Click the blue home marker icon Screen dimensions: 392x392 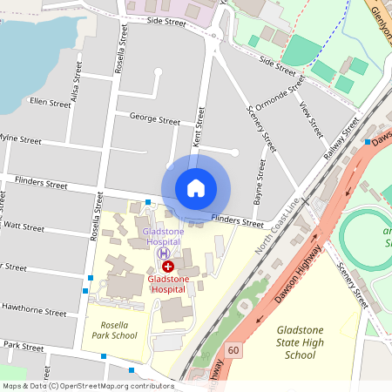pos(196,187)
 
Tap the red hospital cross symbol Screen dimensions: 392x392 pos(168,266)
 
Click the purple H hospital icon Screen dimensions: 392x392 pos(163,253)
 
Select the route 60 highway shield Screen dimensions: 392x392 pos(233,350)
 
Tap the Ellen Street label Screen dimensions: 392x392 pos(50,103)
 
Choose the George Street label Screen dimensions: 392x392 pos(148,116)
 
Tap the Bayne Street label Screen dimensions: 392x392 pos(260,179)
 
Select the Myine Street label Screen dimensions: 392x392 pos(19,139)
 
